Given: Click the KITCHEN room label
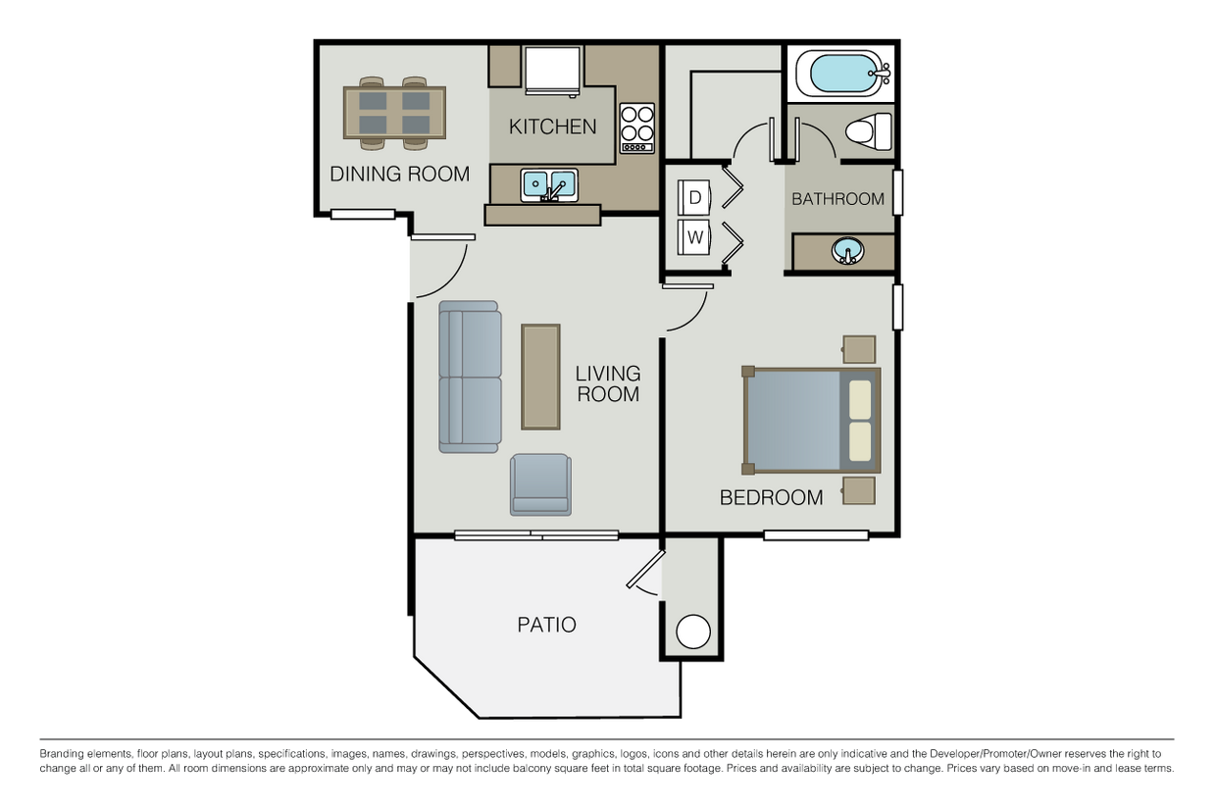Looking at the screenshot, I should pyautogui.click(x=552, y=127).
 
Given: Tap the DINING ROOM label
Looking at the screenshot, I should pyautogui.click(x=399, y=175).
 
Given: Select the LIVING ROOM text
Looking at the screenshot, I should pyautogui.click(x=607, y=383).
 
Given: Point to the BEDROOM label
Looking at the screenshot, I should pyautogui.click(x=771, y=497).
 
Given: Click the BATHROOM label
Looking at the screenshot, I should pyautogui.click(x=837, y=199).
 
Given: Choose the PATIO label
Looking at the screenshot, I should pyautogui.click(x=546, y=625).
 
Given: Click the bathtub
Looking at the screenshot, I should pyautogui.click(x=839, y=75).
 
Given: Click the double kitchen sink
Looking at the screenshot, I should pyautogui.click(x=549, y=183).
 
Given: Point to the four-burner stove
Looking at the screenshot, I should pyautogui.click(x=636, y=127).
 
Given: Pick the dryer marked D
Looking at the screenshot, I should pyautogui.click(x=694, y=197).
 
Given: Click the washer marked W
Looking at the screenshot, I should pyautogui.click(x=694, y=236).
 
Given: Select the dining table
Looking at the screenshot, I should pyautogui.click(x=394, y=113).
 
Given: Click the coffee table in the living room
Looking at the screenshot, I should pyautogui.click(x=540, y=377).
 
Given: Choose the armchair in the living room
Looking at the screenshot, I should pyautogui.click(x=539, y=484).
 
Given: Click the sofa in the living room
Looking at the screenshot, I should pyautogui.click(x=470, y=378).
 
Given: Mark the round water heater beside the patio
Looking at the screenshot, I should pyautogui.click(x=693, y=631).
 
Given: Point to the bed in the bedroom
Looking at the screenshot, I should pyautogui.click(x=811, y=421).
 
